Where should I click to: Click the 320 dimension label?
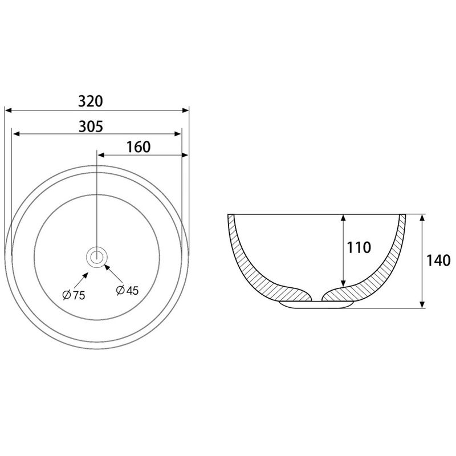91,101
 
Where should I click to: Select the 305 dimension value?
91,127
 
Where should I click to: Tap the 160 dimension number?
139,147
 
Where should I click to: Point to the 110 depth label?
359,247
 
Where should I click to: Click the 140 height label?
438,260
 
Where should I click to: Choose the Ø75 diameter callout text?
74,295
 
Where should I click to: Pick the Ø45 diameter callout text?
127,290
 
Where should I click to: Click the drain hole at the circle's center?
97,257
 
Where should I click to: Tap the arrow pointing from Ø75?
81,280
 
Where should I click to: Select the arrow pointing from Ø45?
113,274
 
